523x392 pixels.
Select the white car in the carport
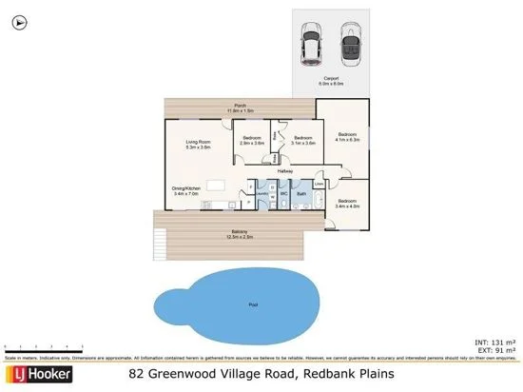click(x=312, y=44)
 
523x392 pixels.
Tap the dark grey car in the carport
click(x=349, y=44)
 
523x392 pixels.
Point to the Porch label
click(x=242, y=108)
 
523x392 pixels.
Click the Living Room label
click(x=197, y=145)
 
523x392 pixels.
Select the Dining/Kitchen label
click(x=187, y=190)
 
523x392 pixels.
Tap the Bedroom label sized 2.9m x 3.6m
click(x=252, y=141)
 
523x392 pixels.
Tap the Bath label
click(x=301, y=193)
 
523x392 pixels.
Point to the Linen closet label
click(x=320, y=183)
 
